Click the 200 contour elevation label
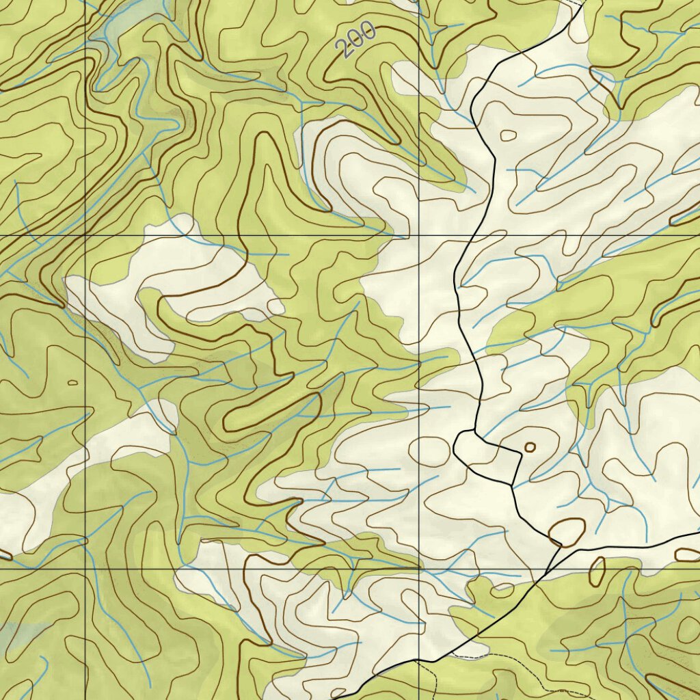pyautogui.click(x=356, y=40)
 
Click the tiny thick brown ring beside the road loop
pyautogui.click(x=530, y=447)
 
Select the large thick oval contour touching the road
pyautogui.click(x=567, y=532)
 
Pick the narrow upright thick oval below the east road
pyautogui.click(x=597, y=572)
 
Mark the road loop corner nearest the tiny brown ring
pyautogui.click(x=522, y=454)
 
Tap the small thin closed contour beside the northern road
pyautogui.click(x=508, y=135)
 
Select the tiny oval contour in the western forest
pyautogui.click(x=73, y=382)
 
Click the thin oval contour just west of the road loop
pyautogui.click(x=429, y=449)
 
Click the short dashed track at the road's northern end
pyautogui.click(x=576, y=3)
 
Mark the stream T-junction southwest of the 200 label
pyautogui.click(x=301, y=101)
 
